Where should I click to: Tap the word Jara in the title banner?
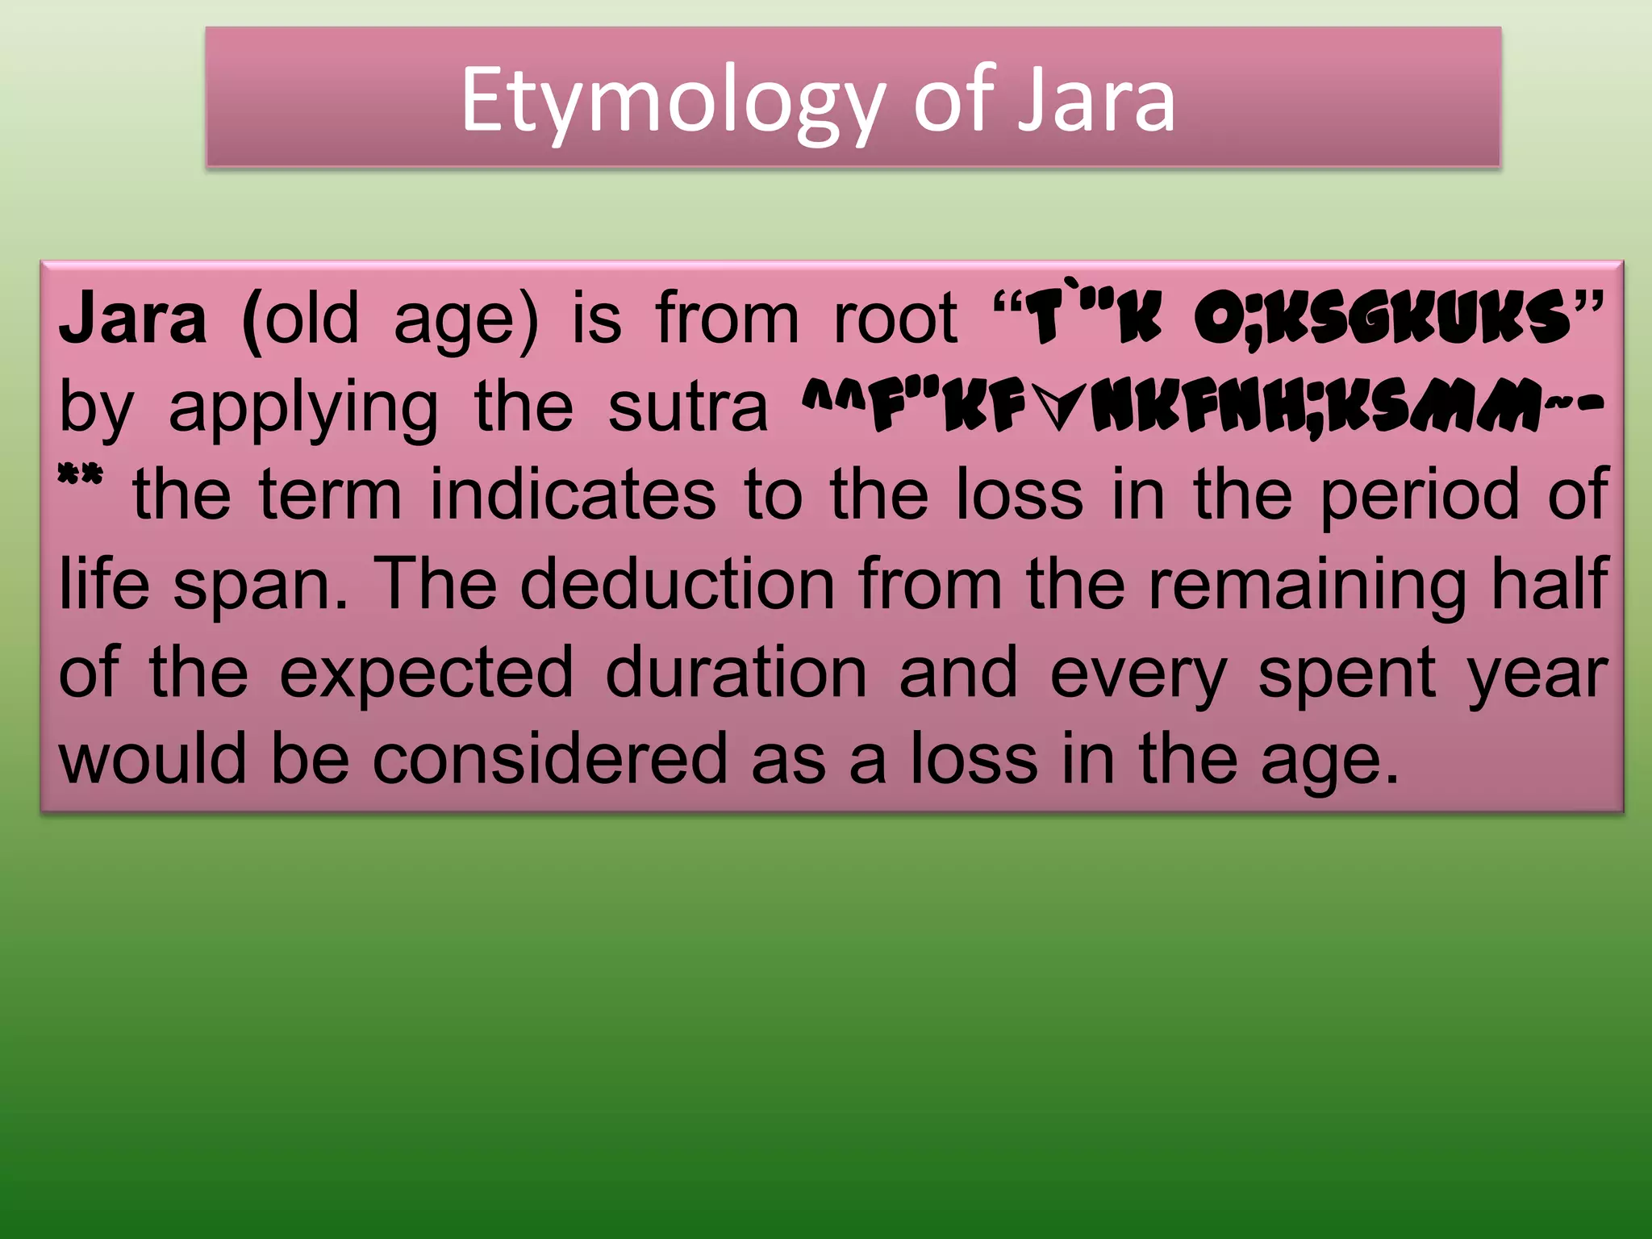(x=1095, y=102)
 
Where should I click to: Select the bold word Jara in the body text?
(x=133, y=319)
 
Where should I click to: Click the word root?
(x=895, y=319)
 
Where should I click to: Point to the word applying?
(x=303, y=408)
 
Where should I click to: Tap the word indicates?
(x=573, y=495)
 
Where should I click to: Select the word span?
(x=261, y=584)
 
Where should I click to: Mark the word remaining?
(x=1307, y=584)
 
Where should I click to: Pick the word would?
(x=152, y=759)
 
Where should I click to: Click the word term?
(x=330, y=495)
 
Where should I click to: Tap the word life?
(x=104, y=584)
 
